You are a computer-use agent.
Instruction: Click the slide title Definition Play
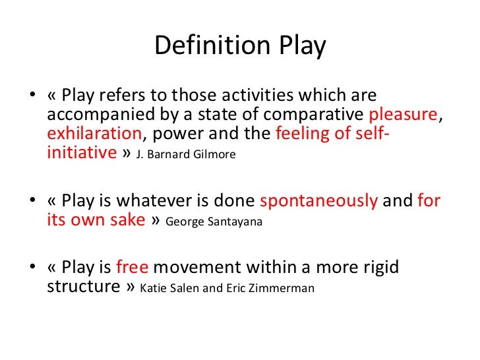click(x=240, y=46)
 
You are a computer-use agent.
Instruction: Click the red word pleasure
click(x=402, y=115)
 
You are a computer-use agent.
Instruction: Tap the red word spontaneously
click(x=319, y=200)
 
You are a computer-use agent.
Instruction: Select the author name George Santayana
click(x=214, y=222)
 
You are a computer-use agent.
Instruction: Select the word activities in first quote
click(x=280, y=95)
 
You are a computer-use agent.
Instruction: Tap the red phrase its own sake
click(x=96, y=220)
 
